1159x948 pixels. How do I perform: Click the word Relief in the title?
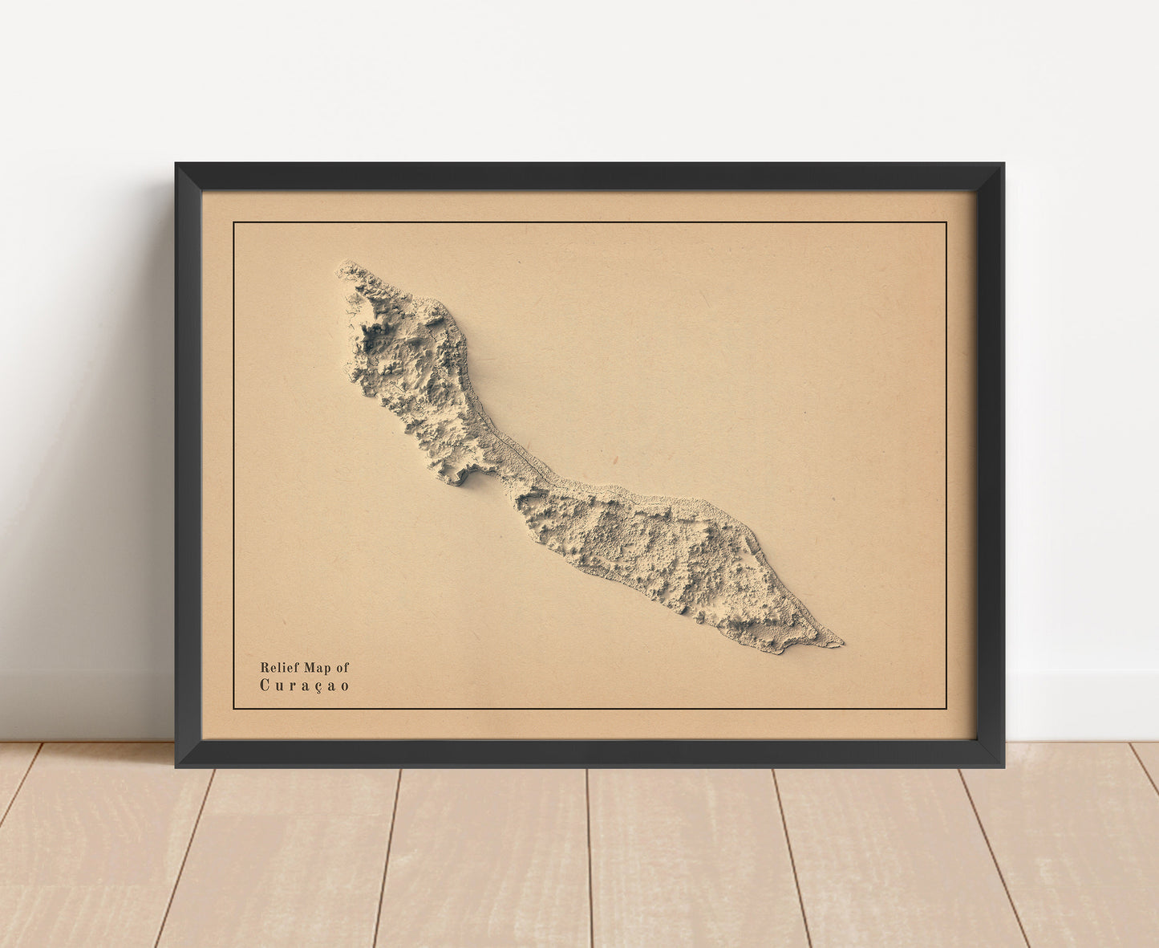277,667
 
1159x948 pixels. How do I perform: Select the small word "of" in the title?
342,667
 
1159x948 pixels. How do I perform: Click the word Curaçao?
305,686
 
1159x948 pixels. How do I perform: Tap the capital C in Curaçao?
264,686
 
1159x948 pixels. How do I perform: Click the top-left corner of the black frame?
177,165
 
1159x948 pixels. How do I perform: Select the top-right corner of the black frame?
1003,165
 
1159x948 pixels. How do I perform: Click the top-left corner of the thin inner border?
233,222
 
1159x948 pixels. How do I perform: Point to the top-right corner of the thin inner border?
946,222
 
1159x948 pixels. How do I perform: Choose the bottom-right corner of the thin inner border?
946,709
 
